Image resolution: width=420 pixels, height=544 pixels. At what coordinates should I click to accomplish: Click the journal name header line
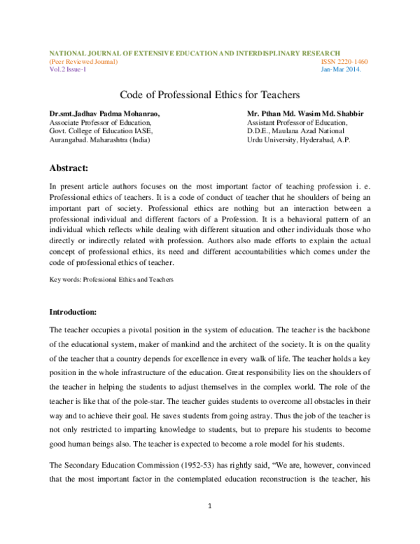coord(195,53)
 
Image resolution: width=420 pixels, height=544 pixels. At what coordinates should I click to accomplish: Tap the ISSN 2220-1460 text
coord(344,62)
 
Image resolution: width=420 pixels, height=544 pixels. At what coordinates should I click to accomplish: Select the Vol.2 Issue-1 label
coord(67,69)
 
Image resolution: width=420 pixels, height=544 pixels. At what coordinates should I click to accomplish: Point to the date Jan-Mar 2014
coord(341,69)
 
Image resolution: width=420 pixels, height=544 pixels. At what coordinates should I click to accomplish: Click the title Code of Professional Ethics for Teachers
coord(210,94)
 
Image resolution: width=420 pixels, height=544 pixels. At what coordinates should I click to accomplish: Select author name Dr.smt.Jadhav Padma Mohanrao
coord(104,113)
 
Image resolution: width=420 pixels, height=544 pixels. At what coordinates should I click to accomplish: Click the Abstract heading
coord(69,168)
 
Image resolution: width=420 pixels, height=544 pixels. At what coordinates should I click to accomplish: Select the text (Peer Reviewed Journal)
coord(83,62)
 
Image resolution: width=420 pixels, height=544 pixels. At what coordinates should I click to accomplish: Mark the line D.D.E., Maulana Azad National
coord(295,130)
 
